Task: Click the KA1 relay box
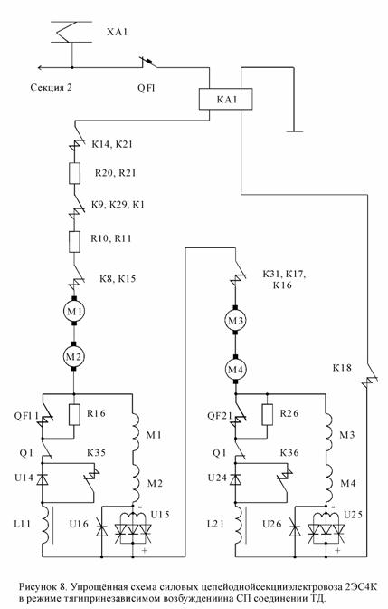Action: tap(225, 99)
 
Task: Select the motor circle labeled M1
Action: tap(73, 311)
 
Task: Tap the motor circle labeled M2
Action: tap(73, 356)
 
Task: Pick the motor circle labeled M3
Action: tap(235, 321)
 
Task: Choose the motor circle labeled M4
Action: tap(235, 370)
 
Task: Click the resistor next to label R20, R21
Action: tap(74, 173)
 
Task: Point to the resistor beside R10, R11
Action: tap(74, 242)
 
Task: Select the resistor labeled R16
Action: tap(74, 414)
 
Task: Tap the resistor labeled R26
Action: tap(267, 414)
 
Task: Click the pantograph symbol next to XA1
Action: tap(71, 32)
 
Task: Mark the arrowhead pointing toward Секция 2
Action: tap(41, 68)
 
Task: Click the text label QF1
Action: tap(147, 88)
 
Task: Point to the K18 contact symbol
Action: tap(369, 377)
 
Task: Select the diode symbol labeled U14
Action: tap(43, 478)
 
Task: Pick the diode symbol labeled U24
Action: tap(235, 478)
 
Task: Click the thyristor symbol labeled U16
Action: tap(101, 529)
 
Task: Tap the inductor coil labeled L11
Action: tap(45, 524)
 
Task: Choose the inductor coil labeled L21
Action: tap(239, 524)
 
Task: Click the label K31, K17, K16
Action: tap(284, 280)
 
